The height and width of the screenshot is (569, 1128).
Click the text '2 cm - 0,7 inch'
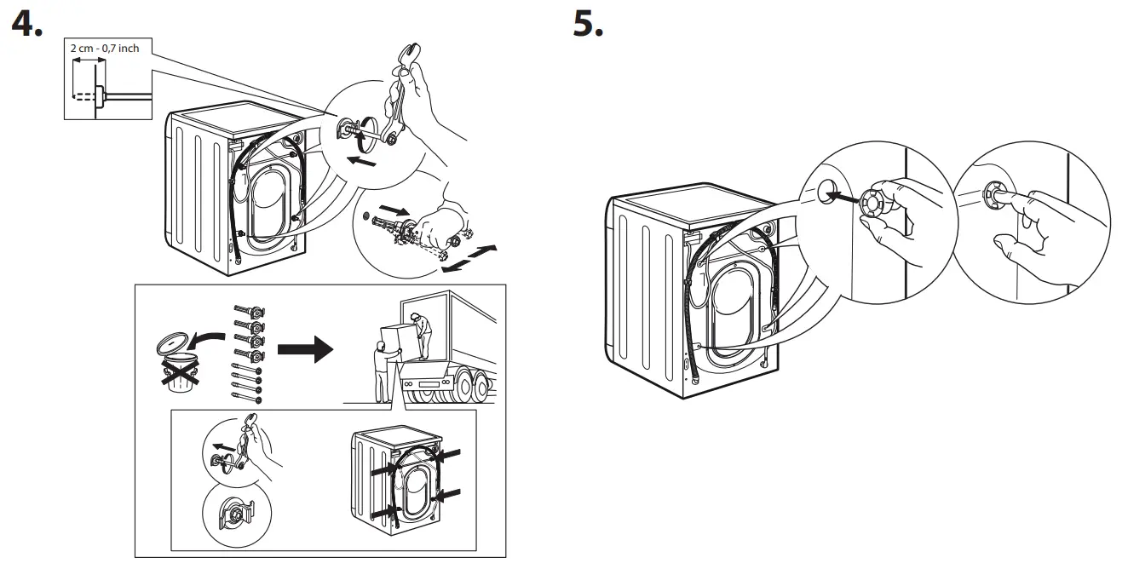pos(105,49)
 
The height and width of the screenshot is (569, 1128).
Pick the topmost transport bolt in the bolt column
pos(249,312)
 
